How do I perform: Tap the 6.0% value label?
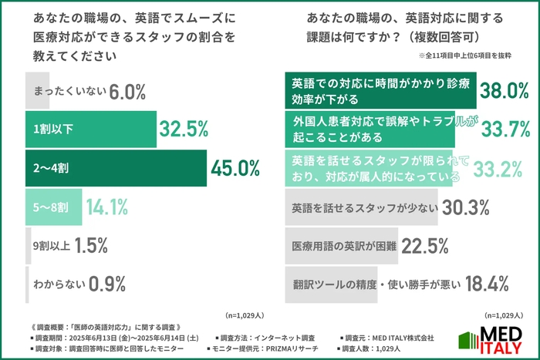click(x=127, y=92)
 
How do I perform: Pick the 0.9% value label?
click(x=108, y=284)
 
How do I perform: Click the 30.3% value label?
click(x=466, y=207)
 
